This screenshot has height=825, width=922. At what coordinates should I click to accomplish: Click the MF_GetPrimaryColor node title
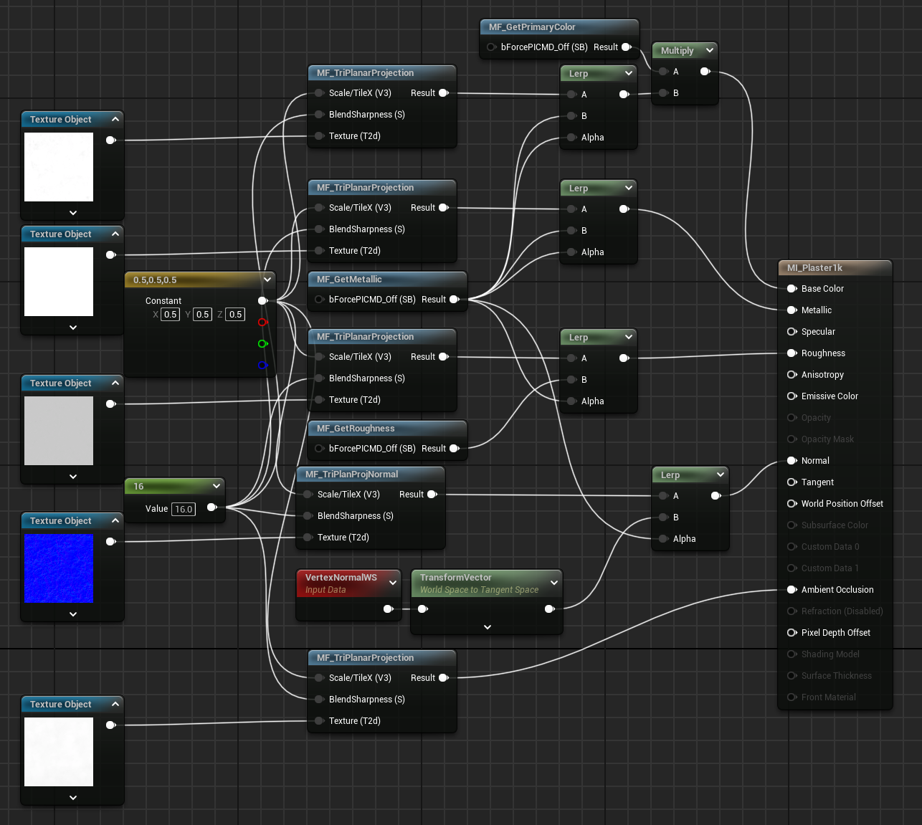pos(532,27)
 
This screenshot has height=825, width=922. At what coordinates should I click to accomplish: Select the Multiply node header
pos(677,51)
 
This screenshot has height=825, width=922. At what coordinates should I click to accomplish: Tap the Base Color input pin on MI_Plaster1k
pos(792,289)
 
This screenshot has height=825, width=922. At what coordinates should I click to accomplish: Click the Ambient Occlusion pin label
pos(837,590)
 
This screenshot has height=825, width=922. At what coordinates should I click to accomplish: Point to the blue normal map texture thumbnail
pos(59,568)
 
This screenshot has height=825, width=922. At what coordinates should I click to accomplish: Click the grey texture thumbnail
pos(59,431)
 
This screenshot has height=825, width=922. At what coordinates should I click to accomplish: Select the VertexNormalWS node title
pos(341,578)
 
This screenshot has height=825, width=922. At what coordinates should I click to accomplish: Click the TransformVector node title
pos(456,578)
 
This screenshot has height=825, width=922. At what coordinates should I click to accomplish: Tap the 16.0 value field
pos(184,509)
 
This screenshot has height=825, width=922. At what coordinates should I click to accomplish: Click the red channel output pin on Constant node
pos(262,323)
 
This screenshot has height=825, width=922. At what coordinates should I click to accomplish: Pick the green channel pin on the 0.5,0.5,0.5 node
pos(262,344)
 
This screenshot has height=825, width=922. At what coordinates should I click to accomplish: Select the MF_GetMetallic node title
pos(349,280)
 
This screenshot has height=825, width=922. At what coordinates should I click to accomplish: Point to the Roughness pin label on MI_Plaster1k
pos(823,353)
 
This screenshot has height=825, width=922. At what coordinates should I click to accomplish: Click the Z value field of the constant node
pos(235,315)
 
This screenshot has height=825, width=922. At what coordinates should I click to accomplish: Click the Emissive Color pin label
pos(830,396)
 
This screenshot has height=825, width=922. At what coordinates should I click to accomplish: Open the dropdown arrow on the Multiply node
pos(710,51)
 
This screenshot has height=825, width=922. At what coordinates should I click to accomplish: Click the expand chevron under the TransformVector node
pos(488,627)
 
